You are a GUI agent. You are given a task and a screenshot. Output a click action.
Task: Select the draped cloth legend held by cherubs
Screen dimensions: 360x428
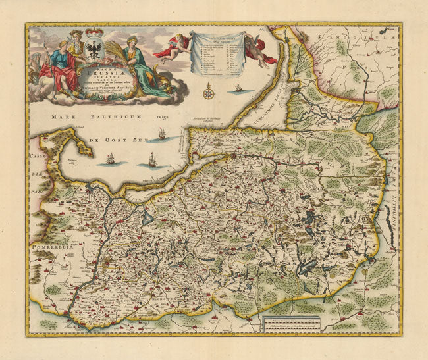[x=213, y=54]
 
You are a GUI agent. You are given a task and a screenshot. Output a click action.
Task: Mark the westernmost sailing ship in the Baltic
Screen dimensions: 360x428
[x=110, y=159]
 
